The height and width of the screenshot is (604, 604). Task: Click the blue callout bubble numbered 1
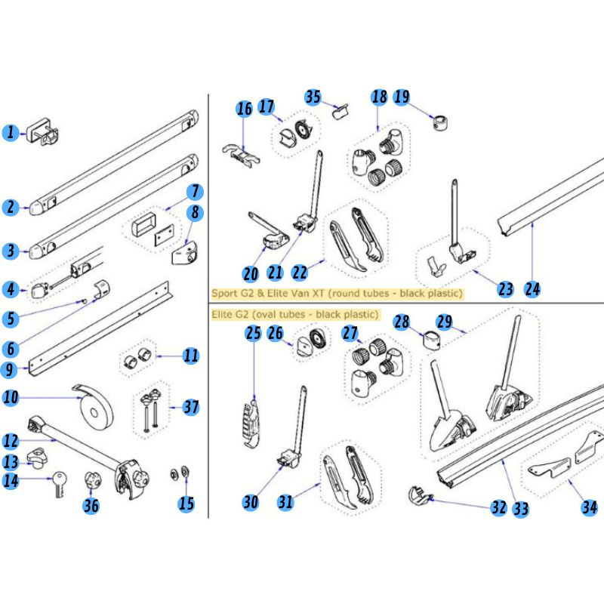(10, 134)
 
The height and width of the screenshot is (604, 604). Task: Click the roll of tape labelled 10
(96, 407)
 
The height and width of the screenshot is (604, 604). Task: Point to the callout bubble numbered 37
(191, 408)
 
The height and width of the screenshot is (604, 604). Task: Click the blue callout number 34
(589, 507)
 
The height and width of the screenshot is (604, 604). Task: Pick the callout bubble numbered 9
(10, 370)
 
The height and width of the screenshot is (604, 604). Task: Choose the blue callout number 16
(244, 109)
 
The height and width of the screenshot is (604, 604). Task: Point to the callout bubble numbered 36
(91, 507)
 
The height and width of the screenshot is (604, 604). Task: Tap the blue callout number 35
(313, 97)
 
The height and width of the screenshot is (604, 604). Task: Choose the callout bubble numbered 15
(186, 503)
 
